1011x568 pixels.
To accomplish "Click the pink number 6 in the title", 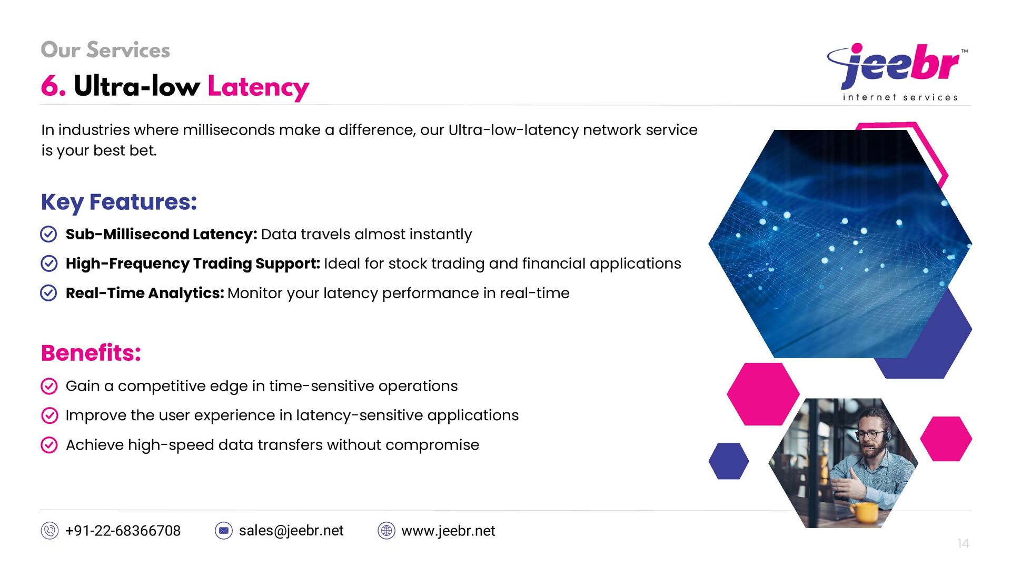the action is click(x=53, y=86).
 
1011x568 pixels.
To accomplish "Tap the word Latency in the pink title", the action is click(x=258, y=87).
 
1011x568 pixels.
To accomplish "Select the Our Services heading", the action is click(x=105, y=50).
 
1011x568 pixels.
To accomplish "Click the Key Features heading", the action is click(x=119, y=202).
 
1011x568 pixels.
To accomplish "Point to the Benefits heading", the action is click(x=91, y=353).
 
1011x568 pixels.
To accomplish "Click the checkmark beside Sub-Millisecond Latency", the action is click(x=48, y=234).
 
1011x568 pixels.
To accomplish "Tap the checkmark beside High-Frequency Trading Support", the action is click(x=48, y=263).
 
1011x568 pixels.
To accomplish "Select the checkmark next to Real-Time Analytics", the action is click(x=48, y=293).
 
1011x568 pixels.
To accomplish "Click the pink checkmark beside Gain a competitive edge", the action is click(x=49, y=386).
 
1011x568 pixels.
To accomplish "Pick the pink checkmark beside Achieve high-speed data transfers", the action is click(x=49, y=445).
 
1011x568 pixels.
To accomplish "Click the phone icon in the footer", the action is click(x=49, y=531).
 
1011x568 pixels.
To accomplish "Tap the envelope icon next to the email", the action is click(x=224, y=531).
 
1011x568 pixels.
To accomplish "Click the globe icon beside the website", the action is click(x=386, y=531).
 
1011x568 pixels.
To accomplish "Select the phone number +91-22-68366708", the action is click(x=123, y=531).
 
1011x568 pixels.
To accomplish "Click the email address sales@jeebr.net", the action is click(x=291, y=531).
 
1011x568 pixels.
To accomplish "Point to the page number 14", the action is click(x=963, y=543).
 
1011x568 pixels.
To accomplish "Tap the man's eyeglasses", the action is click(x=870, y=434).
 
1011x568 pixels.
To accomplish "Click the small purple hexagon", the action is click(x=729, y=461).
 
